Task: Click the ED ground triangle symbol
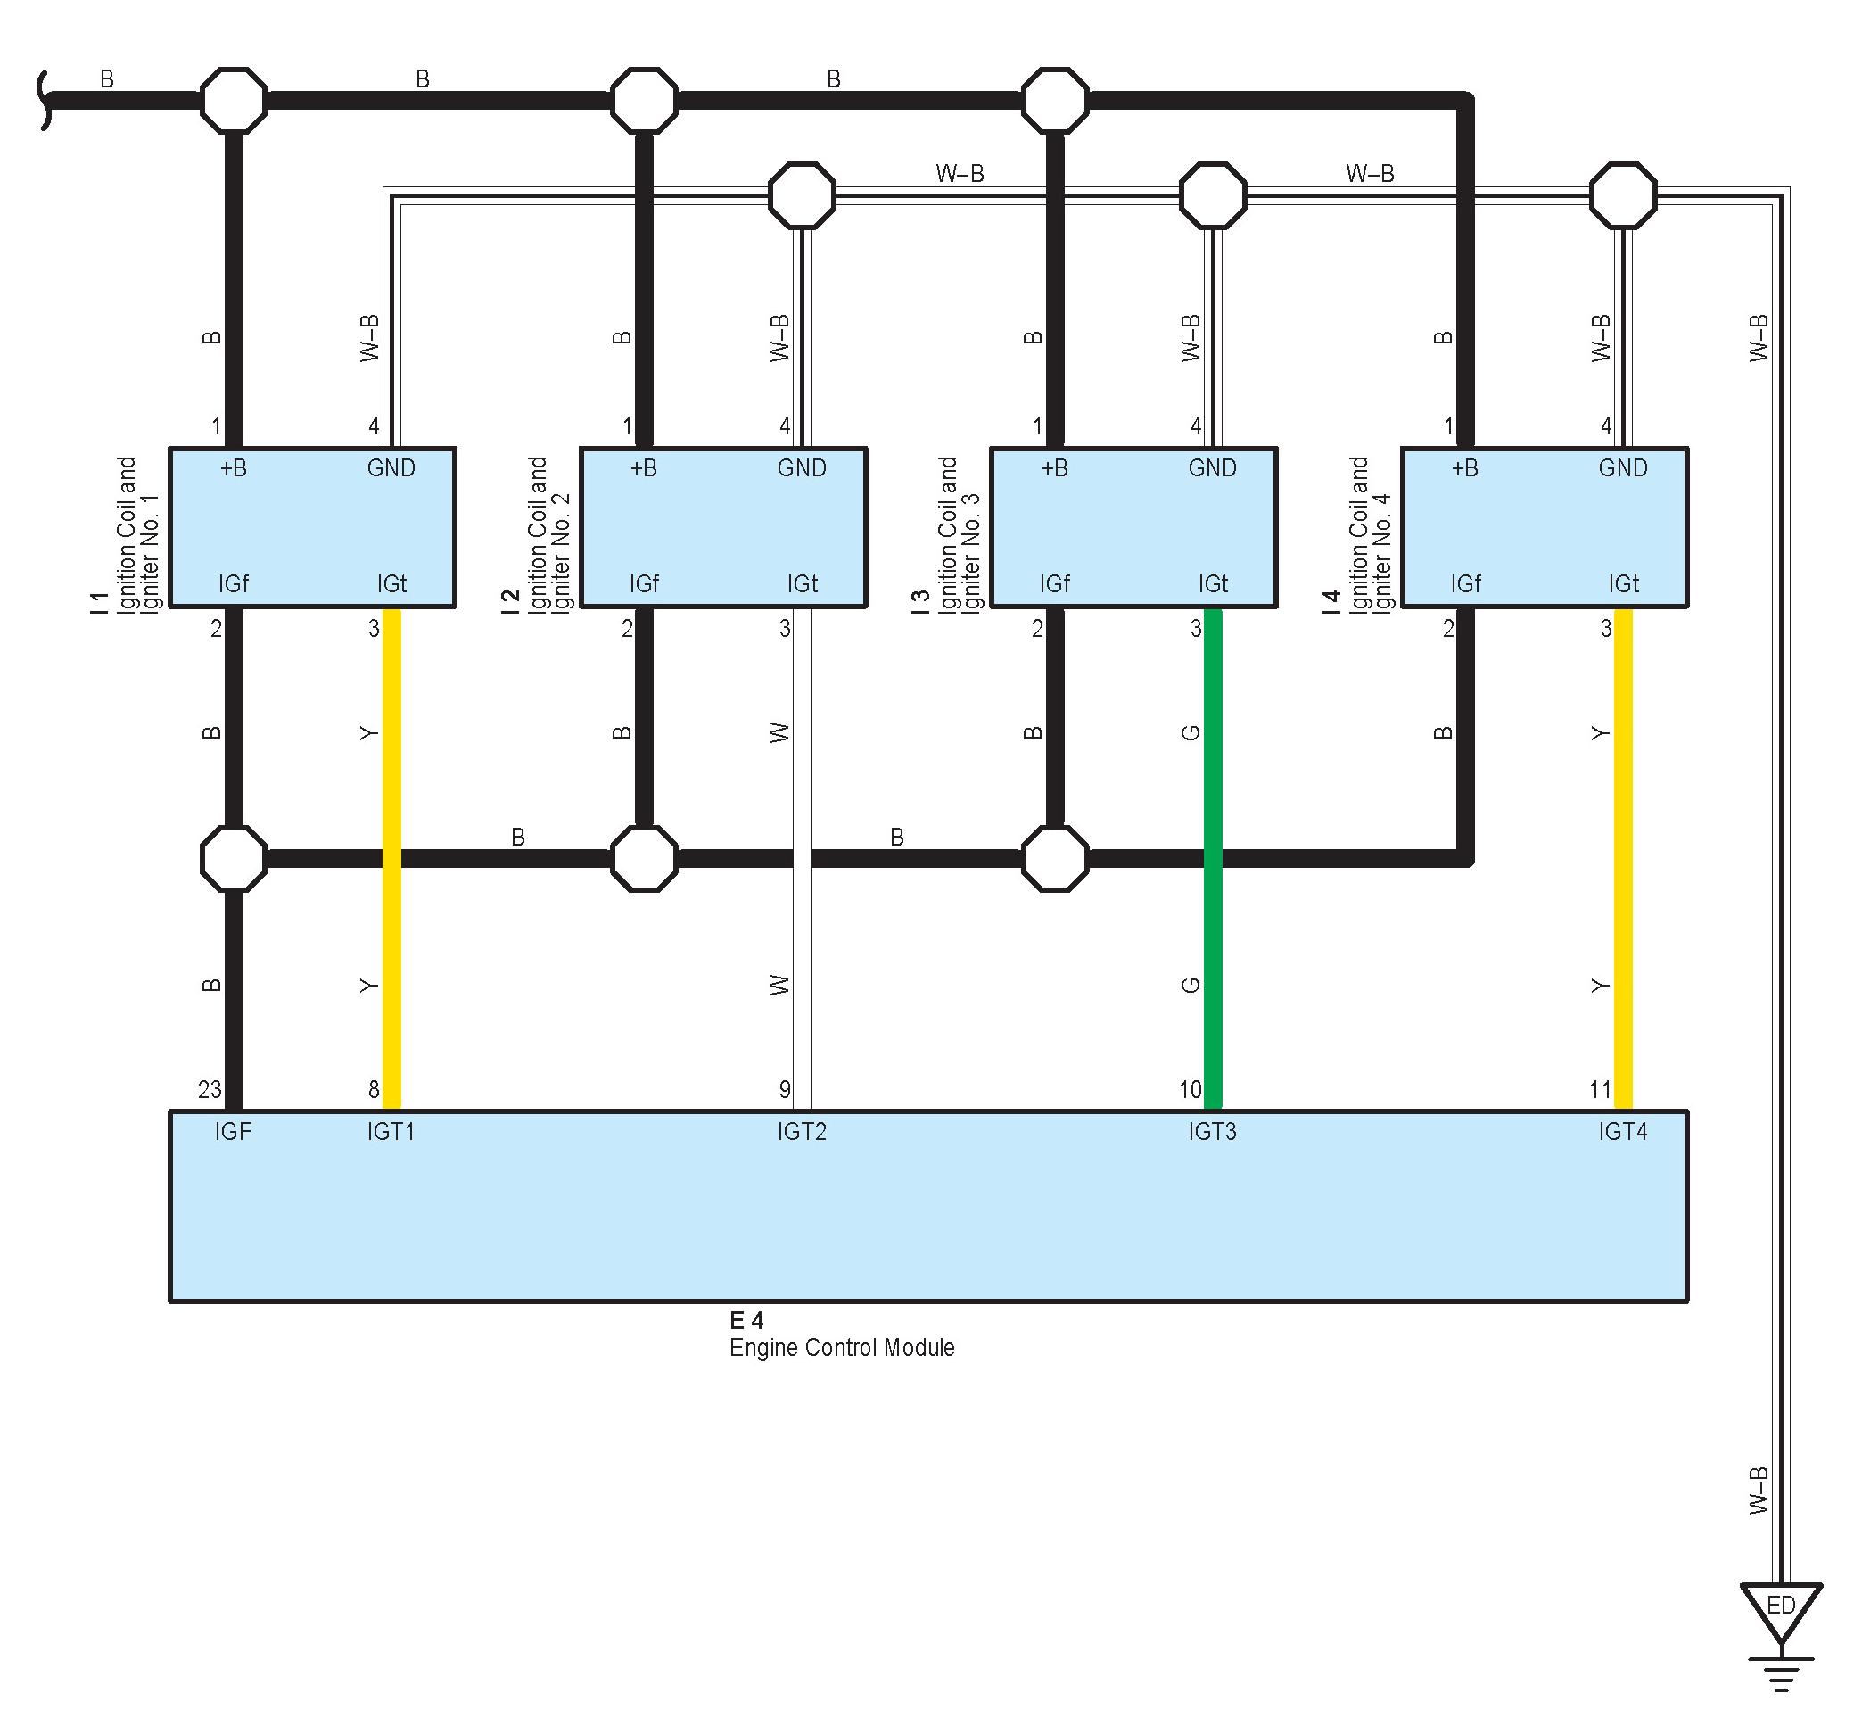click(x=1781, y=1607)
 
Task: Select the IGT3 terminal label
click(x=1212, y=1132)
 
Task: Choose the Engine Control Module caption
click(x=842, y=1347)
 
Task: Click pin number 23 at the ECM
click(x=210, y=1089)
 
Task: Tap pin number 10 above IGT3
click(x=1190, y=1089)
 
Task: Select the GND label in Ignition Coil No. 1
click(x=391, y=468)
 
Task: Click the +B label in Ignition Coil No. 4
click(x=1465, y=468)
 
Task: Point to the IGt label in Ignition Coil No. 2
click(x=802, y=584)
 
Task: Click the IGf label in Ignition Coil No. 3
click(x=1055, y=584)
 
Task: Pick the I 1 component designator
click(x=99, y=602)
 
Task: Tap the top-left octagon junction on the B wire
click(x=234, y=100)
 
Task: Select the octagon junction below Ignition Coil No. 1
click(x=234, y=858)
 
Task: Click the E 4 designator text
click(x=746, y=1320)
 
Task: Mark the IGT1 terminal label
click(x=391, y=1132)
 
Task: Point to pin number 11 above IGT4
click(x=1600, y=1089)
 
